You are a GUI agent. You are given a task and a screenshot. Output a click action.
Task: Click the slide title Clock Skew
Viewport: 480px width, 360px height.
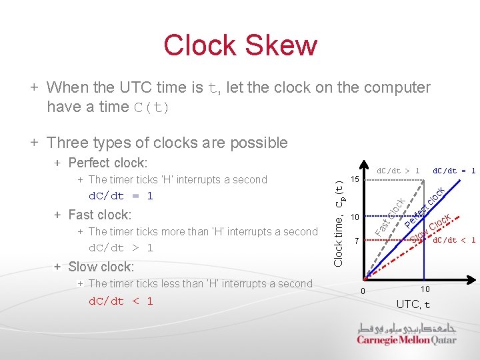(240, 45)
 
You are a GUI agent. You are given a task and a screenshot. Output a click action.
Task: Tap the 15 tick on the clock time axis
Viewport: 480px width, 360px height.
(355, 180)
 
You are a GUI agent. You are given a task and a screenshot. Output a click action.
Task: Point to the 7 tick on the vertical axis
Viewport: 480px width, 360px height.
(356, 240)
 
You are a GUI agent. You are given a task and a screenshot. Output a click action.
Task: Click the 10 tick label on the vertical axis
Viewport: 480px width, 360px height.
(355, 217)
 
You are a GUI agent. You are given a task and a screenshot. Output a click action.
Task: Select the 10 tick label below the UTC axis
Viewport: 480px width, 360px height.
(425, 289)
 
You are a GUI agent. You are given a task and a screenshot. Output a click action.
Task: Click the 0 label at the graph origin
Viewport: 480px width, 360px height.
(362, 291)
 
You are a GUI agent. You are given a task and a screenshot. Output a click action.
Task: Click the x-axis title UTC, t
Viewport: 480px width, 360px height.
(413, 305)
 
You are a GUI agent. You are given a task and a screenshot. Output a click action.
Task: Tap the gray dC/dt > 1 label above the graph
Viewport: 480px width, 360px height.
(398, 171)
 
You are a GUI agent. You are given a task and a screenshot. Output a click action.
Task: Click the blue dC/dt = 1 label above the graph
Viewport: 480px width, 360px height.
(454, 171)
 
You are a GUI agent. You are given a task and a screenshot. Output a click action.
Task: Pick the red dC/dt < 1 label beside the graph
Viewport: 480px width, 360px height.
(454, 240)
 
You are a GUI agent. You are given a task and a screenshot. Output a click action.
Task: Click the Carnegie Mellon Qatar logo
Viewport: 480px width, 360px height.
(407, 334)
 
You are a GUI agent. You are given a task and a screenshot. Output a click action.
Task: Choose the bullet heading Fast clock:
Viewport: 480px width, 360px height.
(100, 215)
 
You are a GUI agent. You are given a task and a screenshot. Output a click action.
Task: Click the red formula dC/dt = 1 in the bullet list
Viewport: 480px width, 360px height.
(121, 196)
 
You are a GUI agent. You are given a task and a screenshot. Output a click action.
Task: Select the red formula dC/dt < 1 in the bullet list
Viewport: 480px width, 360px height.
(121, 301)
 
